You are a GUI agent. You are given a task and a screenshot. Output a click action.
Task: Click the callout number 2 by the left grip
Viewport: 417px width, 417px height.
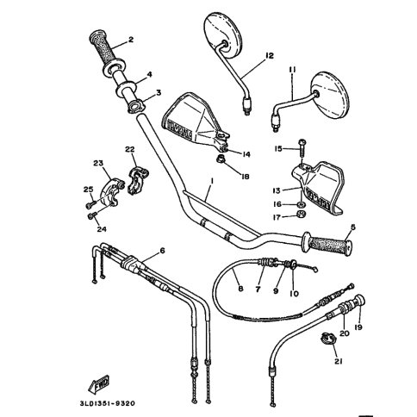click(131, 40)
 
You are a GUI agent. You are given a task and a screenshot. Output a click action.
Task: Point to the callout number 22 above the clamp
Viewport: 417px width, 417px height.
click(131, 149)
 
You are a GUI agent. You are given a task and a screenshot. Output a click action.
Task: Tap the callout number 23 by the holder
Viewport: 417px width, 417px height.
click(98, 164)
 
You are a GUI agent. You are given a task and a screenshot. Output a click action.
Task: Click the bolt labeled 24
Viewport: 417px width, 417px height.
click(93, 215)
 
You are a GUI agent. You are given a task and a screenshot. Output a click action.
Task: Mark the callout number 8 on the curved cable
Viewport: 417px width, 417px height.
click(240, 289)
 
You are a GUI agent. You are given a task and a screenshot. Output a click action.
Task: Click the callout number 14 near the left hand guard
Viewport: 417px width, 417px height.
click(246, 154)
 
